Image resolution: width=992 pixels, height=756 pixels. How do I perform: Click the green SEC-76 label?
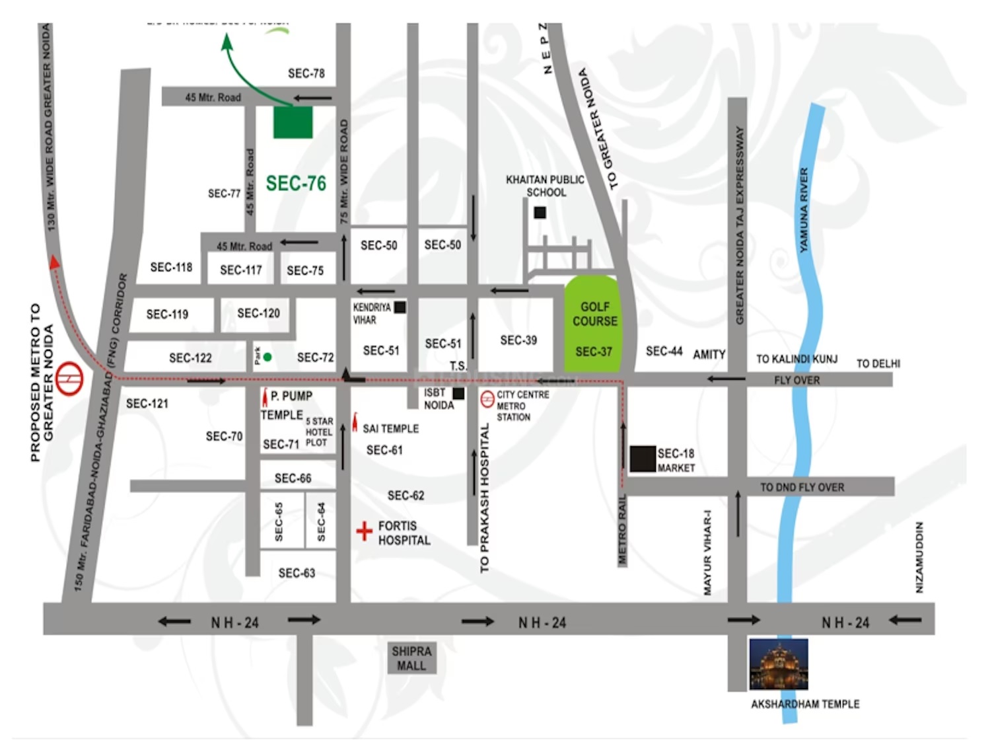tap(296, 184)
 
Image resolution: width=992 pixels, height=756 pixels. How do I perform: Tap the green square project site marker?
tap(293, 122)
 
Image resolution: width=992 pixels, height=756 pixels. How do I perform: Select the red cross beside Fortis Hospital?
tap(364, 531)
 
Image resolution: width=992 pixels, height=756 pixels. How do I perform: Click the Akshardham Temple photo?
tap(779, 664)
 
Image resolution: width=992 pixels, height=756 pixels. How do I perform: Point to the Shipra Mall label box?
tap(411, 659)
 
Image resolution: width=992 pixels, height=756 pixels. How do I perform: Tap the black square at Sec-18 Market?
tap(642, 459)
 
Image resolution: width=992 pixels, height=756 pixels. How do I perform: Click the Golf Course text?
tap(594, 314)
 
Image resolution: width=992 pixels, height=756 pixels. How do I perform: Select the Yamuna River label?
tap(804, 210)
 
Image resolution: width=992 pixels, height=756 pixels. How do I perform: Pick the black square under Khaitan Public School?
tap(540, 213)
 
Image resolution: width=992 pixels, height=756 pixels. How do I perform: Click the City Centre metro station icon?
tap(487, 398)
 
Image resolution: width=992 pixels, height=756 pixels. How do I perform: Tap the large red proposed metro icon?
tap(69, 379)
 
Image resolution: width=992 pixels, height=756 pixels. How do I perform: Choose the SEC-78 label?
tap(306, 73)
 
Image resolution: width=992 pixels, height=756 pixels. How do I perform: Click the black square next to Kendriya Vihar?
tap(400, 307)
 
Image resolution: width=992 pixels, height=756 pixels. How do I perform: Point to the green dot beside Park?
tap(267, 357)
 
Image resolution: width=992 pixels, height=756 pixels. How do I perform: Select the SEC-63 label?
tap(297, 573)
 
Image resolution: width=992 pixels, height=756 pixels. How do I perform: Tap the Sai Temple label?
tap(390, 429)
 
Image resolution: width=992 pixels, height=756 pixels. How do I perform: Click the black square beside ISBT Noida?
tap(458, 394)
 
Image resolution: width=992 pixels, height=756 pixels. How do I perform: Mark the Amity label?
tap(709, 355)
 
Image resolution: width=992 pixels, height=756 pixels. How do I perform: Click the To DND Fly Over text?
tap(802, 488)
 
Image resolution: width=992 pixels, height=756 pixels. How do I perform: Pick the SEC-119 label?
tap(167, 315)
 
